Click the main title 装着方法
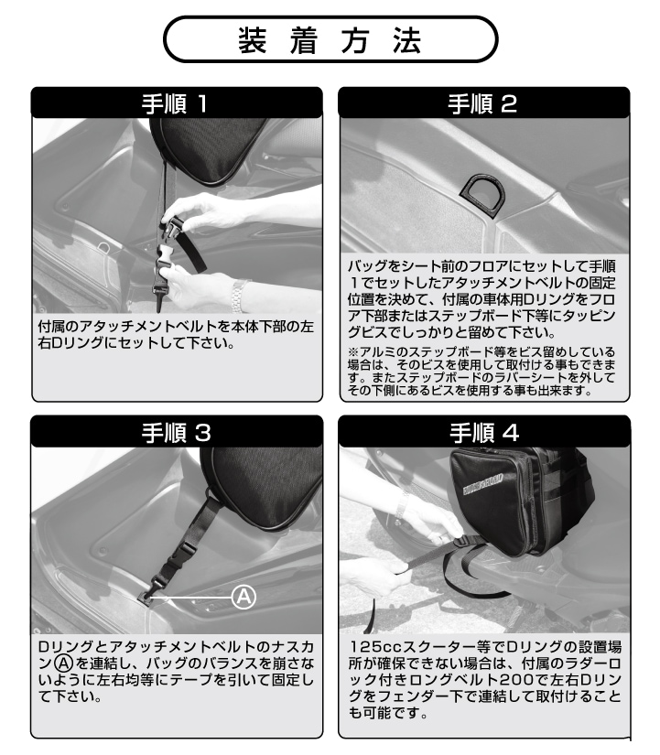(330, 40)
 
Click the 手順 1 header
(176, 103)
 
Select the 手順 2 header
(482, 103)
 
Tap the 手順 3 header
(177, 433)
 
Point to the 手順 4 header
(484, 433)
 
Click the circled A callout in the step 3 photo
(243, 597)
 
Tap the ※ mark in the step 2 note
(353, 352)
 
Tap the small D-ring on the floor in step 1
(104, 247)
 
